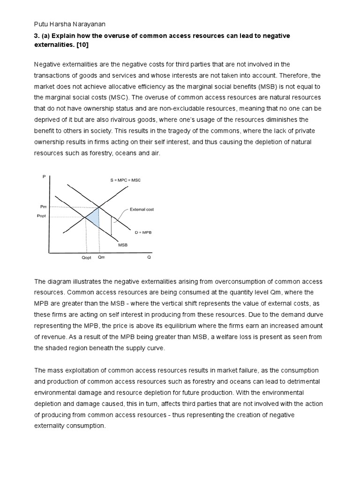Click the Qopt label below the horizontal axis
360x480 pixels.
point(86,257)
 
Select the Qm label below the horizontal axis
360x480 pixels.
point(101,257)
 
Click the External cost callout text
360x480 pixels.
point(142,210)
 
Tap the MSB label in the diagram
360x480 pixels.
point(122,244)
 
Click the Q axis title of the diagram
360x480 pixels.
point(149,257)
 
